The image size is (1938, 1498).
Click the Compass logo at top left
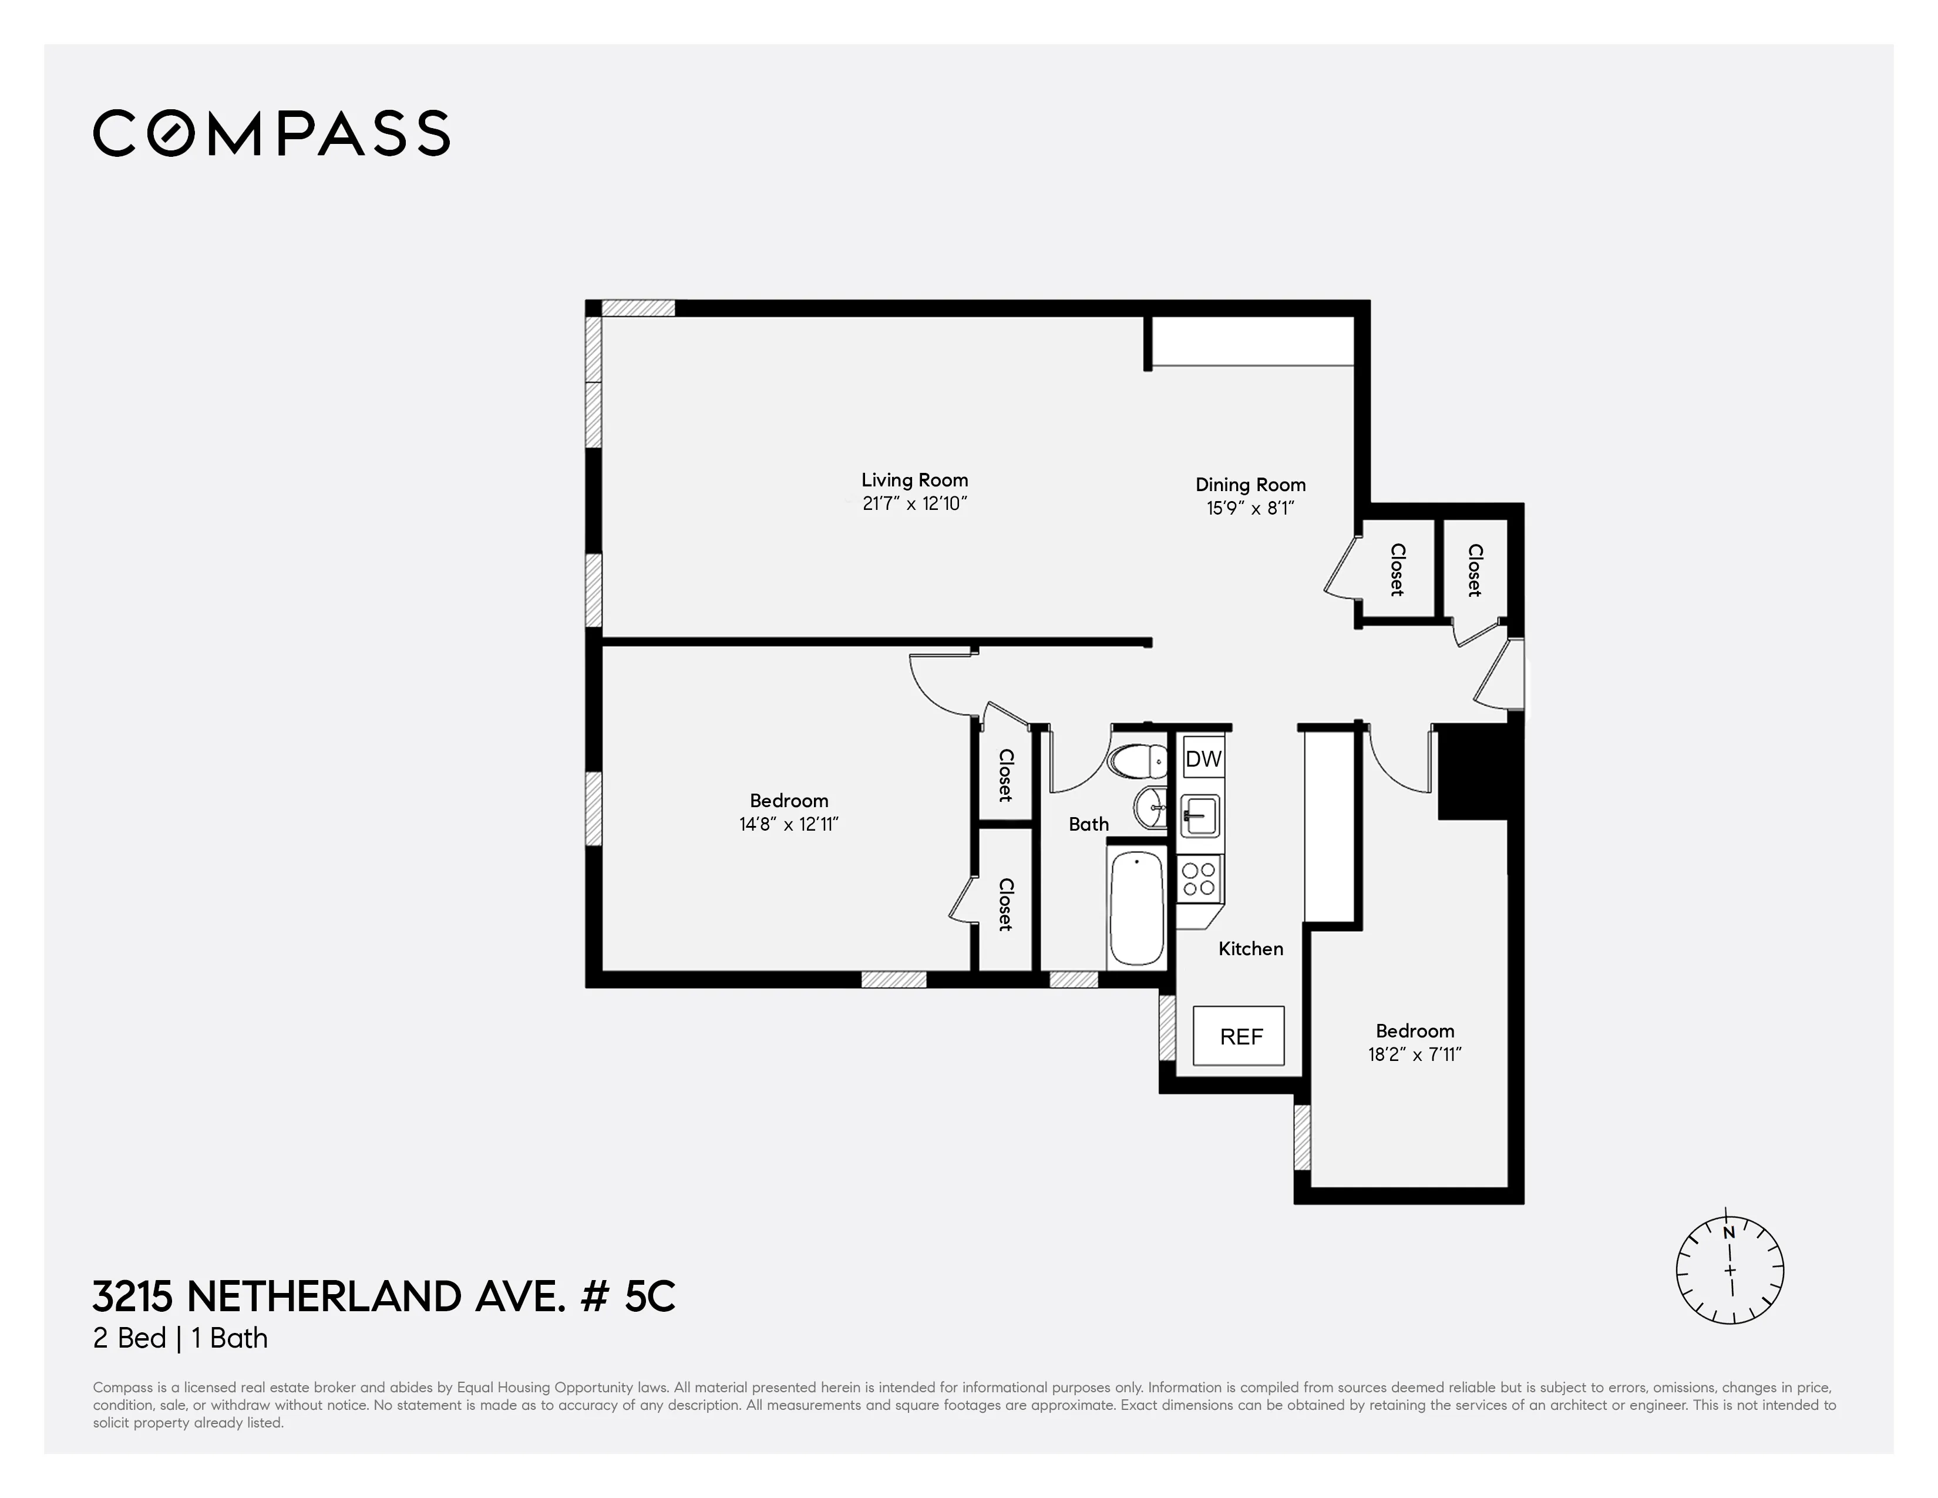point(271,133)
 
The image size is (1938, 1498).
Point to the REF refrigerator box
point(1239,1036)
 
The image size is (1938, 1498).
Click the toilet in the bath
point(1137,761)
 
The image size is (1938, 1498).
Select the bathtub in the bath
point(1137,906)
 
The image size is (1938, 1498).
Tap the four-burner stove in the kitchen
point(1199,879)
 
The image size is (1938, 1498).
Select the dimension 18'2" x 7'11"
point(1415,1054)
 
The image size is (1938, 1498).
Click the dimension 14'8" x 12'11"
point(788,824)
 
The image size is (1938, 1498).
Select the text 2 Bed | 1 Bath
point(180,1338)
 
